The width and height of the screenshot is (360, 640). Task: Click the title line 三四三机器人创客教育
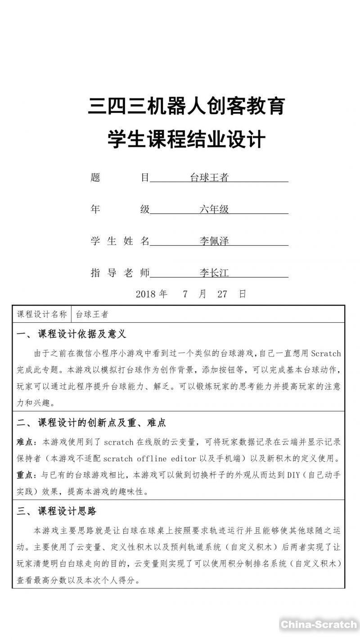(187, 107)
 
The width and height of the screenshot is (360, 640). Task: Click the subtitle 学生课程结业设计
(187, 140)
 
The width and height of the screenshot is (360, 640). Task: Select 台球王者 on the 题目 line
(209, 178)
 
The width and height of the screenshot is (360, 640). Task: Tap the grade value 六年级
(214, 209)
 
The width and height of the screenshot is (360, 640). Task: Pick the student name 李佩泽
(214, 241)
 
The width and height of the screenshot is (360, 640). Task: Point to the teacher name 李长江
(214, 273)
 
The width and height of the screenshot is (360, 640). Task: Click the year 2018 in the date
(145, 294)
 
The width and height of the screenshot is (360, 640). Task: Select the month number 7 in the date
(185, 294)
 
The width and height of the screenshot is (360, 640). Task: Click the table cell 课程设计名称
(42, 314)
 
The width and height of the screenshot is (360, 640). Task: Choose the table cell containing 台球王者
(92, 314)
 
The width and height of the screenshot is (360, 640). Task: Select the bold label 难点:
(27, 442)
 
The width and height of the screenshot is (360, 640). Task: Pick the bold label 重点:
(27, 475)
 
